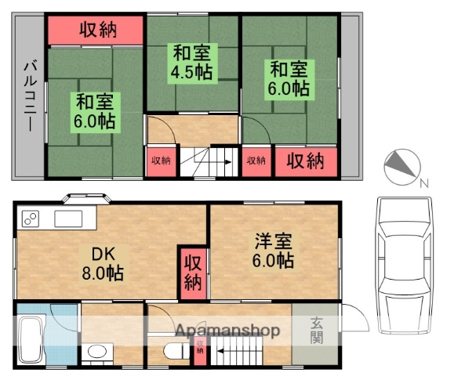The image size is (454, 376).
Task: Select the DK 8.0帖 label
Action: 101,265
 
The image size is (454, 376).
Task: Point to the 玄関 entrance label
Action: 317,330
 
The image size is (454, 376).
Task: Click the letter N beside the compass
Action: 423,184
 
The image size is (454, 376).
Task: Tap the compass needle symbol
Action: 402,166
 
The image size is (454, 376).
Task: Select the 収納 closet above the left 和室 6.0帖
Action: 96,30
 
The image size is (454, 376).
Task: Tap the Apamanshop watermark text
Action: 227,331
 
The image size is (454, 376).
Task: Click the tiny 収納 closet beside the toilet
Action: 200,350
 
